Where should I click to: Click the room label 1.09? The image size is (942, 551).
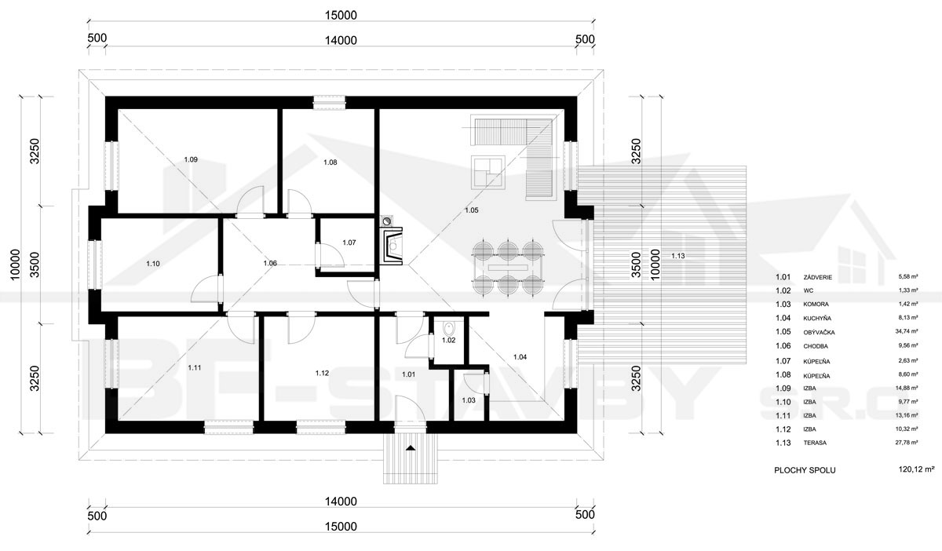coord(191,159)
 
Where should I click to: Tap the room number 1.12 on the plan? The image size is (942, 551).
coord(322,373)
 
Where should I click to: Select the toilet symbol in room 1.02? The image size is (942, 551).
coord(449,327)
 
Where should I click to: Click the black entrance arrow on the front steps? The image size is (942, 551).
coord(411,448)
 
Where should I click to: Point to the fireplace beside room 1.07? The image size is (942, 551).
coord(391,246)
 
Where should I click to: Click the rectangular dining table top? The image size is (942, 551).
coord(508,268)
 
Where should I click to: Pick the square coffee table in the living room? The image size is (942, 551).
coord(487,173)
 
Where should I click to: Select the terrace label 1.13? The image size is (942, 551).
coord(678,256)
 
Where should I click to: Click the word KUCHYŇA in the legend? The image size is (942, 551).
coord(817,319)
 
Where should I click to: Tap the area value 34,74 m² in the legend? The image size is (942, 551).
coord(906,331)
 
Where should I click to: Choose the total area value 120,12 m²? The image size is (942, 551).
coord(916,469)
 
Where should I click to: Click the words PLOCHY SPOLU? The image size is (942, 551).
coord(805,470)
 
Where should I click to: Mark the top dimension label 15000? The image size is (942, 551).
coord(341,16)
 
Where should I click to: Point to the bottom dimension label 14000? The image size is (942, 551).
coord(341,502)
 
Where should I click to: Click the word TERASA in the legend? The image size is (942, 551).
coord(815,443)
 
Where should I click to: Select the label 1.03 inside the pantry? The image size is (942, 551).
coord(469,400)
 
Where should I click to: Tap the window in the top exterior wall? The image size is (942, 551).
coord(330,103)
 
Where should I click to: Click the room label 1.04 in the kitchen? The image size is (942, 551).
coord(520,357)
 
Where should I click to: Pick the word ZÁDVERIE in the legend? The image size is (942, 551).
coord(817,278)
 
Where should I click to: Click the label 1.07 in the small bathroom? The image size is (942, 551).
coord(349,243)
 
